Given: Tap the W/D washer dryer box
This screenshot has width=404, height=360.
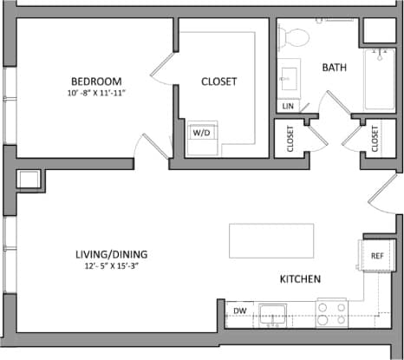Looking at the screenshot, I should (202, 134).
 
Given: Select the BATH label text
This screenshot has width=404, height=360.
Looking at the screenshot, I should (335, 67).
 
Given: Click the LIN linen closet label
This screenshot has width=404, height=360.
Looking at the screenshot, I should (288, 107).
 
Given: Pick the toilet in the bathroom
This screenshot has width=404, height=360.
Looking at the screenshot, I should (296, 36).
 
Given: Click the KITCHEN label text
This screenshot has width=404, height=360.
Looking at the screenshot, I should (301, 279).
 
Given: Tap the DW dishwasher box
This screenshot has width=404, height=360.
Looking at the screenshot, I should (240, 311).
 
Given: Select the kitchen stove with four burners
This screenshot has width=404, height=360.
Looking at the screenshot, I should (331, 312).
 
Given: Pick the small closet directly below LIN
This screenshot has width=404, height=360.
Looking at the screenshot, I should (288, 138).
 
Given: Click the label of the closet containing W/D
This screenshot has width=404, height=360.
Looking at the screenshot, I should (218, 82).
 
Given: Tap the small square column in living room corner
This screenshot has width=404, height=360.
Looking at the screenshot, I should (28, 180).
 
